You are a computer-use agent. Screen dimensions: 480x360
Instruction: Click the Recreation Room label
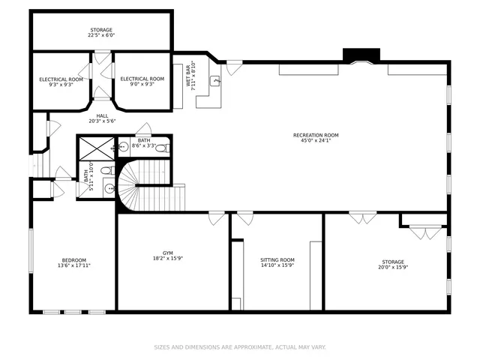tap(316, 135)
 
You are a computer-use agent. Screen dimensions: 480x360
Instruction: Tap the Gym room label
tap(168, 253)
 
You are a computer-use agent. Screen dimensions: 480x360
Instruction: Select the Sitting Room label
tap(277, 260)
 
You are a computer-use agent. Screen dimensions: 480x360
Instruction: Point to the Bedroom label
tap(74, 260)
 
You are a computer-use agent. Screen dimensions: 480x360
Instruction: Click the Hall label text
tap(102, 115)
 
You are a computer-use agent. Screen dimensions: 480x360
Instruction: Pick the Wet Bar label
tap(188, 76)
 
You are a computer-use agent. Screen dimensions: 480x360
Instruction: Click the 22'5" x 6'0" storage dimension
tap(101, 35)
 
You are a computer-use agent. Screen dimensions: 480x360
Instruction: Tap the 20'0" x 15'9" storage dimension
tap(393, 267)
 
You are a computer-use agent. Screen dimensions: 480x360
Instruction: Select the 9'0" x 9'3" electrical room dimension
tap(142, 84)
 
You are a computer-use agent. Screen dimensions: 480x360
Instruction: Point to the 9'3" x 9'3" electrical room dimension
tap(61, 85)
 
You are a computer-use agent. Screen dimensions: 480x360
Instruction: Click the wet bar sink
tap(215, 81)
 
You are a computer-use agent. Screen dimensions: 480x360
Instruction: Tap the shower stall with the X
tap(97, 148)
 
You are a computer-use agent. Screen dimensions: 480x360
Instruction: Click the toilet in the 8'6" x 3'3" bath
tap(162, 148)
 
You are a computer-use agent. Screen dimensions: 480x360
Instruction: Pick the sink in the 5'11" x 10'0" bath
tap(109, 188)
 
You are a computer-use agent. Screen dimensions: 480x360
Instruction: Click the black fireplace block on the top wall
tap(361, 55)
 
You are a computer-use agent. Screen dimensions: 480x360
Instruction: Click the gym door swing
tap(217, 218)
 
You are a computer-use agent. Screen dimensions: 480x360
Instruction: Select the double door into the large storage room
tap(363, 217)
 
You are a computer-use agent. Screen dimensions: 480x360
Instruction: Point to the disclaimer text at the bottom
tap(240, 347)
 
